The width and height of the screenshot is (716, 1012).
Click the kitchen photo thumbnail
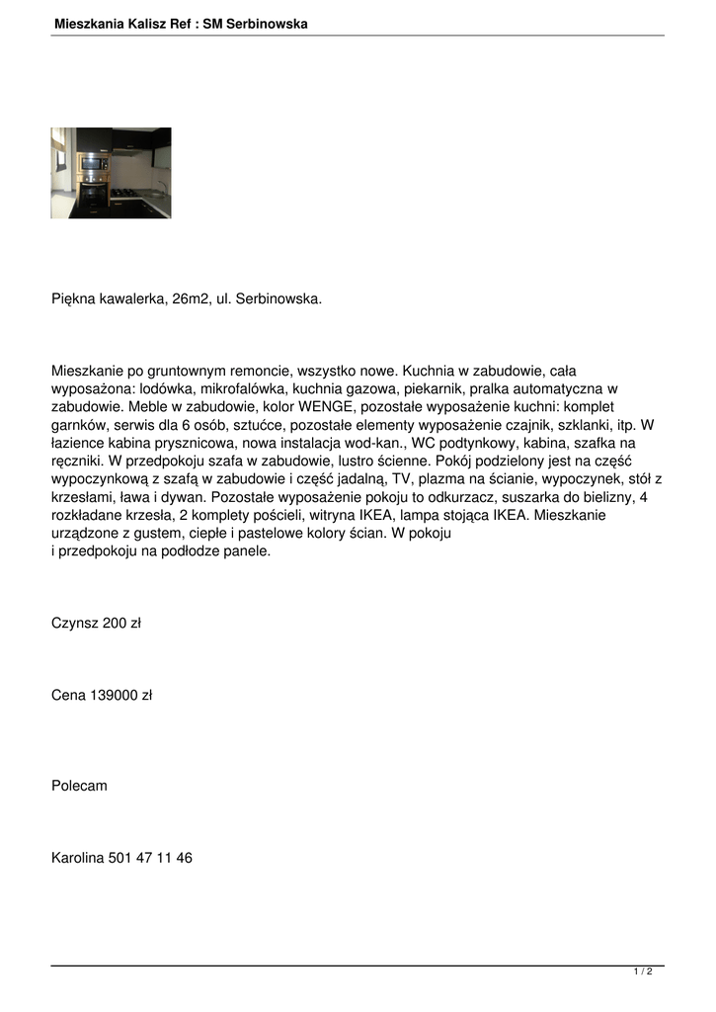111,173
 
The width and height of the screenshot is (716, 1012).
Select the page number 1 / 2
643,972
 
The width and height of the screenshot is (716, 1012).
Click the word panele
245,551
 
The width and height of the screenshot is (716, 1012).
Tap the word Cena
68,696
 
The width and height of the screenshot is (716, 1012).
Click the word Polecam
79,786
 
